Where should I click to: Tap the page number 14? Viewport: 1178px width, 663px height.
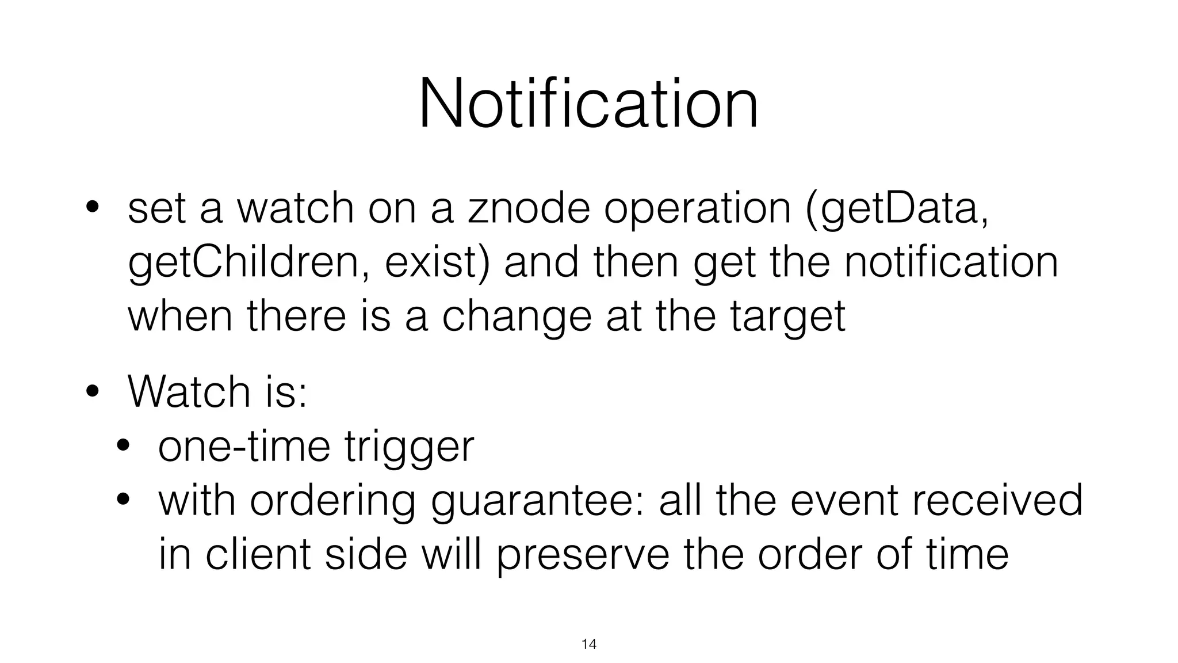pyautogui.click(x=589, y=644)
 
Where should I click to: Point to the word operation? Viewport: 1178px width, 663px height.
pyautogui.click(x=697, y=209)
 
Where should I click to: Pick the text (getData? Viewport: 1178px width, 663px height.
pyautogui.click(x=897, y=209)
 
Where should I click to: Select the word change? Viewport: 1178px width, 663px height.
pyautogui.click(x=517, y=317)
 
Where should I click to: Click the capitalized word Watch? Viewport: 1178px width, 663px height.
pyautogui.click(x=189, y=392)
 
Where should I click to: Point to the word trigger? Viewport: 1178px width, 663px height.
pyautogui.click(x=410, y=447)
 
